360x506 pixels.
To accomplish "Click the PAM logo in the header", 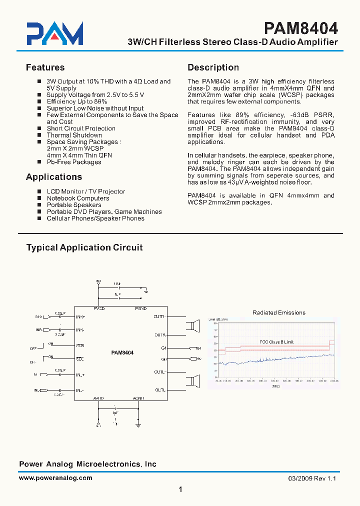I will [55, 34].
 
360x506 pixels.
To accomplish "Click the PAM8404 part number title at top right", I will [300, 27].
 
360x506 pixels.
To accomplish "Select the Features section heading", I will [45, 67].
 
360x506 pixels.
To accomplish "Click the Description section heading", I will [213, 67].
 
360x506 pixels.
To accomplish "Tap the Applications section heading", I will [53, 177].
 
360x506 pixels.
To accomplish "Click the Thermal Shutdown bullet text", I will [74, 135].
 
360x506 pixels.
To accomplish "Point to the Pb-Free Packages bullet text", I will [74, 162].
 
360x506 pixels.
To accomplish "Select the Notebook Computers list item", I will [77, 198].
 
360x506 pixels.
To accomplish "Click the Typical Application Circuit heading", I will [84, 247].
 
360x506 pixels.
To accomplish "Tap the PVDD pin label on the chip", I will [99, 308].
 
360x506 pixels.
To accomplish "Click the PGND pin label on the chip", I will [141, 308].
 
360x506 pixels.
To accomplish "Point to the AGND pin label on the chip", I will [138, 398].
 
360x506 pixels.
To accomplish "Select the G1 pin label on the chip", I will [163, 347].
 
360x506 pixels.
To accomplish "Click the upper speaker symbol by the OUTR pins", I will [192, 326].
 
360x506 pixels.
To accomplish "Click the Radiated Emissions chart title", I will [278, 312].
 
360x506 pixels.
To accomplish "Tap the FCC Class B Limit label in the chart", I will [276, 342].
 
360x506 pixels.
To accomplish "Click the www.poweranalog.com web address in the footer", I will [55, 478].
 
